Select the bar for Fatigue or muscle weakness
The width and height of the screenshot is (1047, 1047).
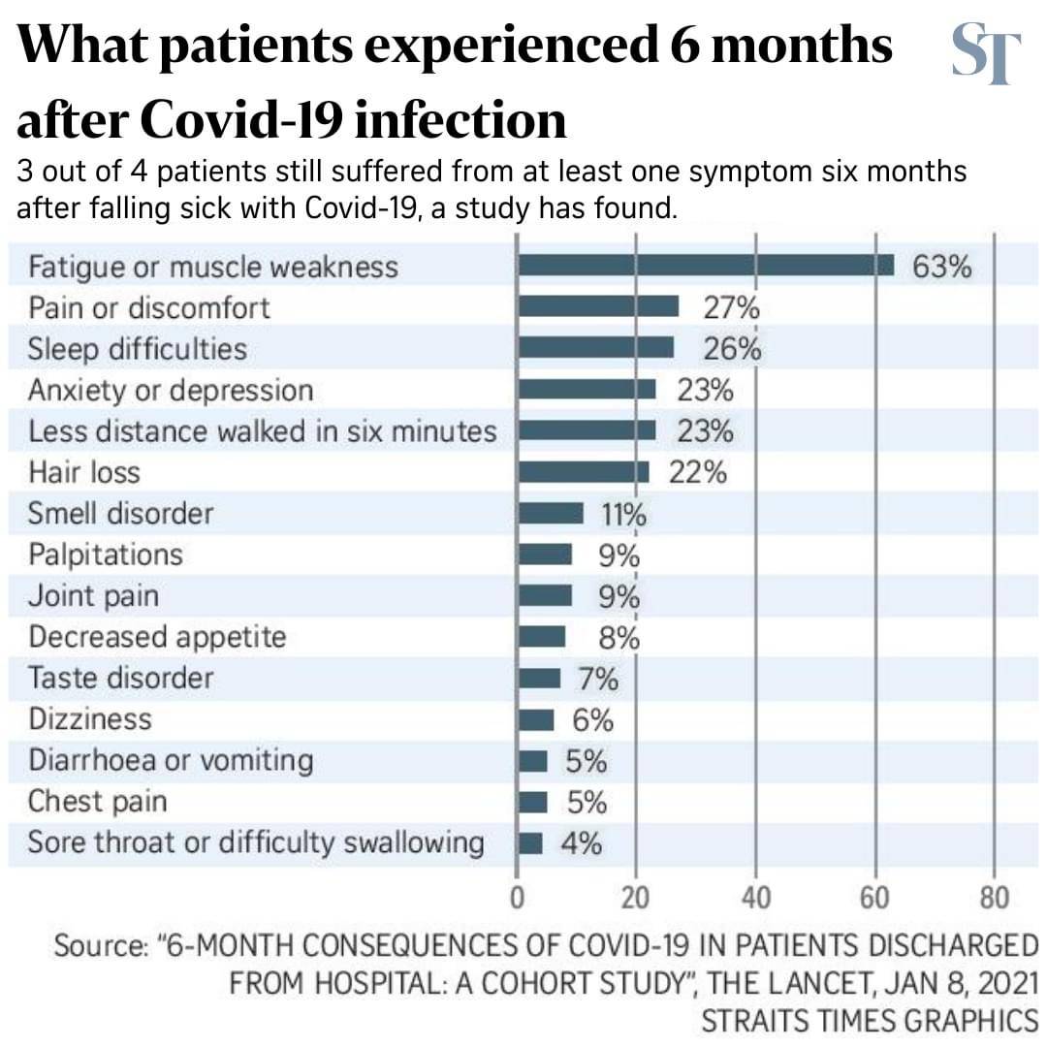[x=706, y=266]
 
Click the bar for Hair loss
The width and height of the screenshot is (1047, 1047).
[x=584, y=472]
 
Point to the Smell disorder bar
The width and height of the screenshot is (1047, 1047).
[x=551, y=513]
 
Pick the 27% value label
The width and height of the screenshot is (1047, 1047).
[x=731, y=308]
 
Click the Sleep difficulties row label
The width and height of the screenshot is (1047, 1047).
[x=137, y=348]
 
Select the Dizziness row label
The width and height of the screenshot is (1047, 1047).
[x=90, y=719]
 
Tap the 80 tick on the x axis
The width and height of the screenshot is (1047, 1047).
[x=994, y=897]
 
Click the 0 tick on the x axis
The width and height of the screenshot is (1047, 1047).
[x=518, y=897]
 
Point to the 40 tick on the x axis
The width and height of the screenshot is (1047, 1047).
[x=756, y=897]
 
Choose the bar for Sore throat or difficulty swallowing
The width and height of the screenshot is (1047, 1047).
[x=530, y=843]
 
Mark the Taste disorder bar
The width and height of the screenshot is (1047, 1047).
[x=539, y=678]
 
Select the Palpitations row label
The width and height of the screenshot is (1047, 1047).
[x=105, y=555]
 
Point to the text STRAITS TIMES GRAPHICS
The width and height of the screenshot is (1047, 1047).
[x=869, y=1021]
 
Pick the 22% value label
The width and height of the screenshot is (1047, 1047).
[x=698, y=473]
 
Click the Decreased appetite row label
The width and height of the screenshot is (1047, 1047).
[x=157, y=637]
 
